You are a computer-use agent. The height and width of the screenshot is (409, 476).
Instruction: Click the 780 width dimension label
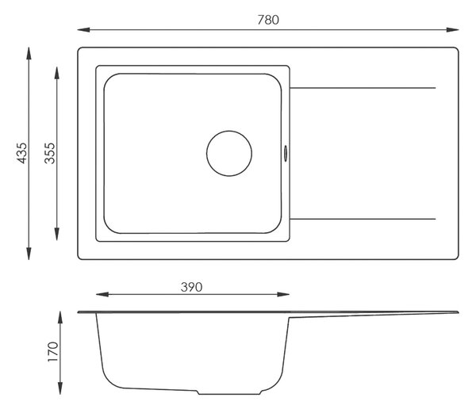click(x=268, y=20)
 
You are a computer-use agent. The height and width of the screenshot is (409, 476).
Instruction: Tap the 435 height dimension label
click(x=22, y=153)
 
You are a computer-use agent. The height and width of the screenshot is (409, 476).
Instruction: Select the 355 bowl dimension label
click(x=50, y=153)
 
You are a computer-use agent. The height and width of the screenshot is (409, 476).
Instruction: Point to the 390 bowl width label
click(x=191, y=287)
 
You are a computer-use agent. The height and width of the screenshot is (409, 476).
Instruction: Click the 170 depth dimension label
click(x=53, y=352)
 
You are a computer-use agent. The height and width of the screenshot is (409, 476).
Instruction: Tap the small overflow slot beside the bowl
click(x=286, y=153)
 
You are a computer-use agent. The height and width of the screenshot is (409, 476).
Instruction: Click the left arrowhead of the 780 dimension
click(x=83, y=30)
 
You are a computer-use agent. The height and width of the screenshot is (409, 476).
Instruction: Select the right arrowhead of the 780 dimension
click(x=452, y=30)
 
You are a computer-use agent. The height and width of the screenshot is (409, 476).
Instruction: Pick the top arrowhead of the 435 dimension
click(x=29, y=53)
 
